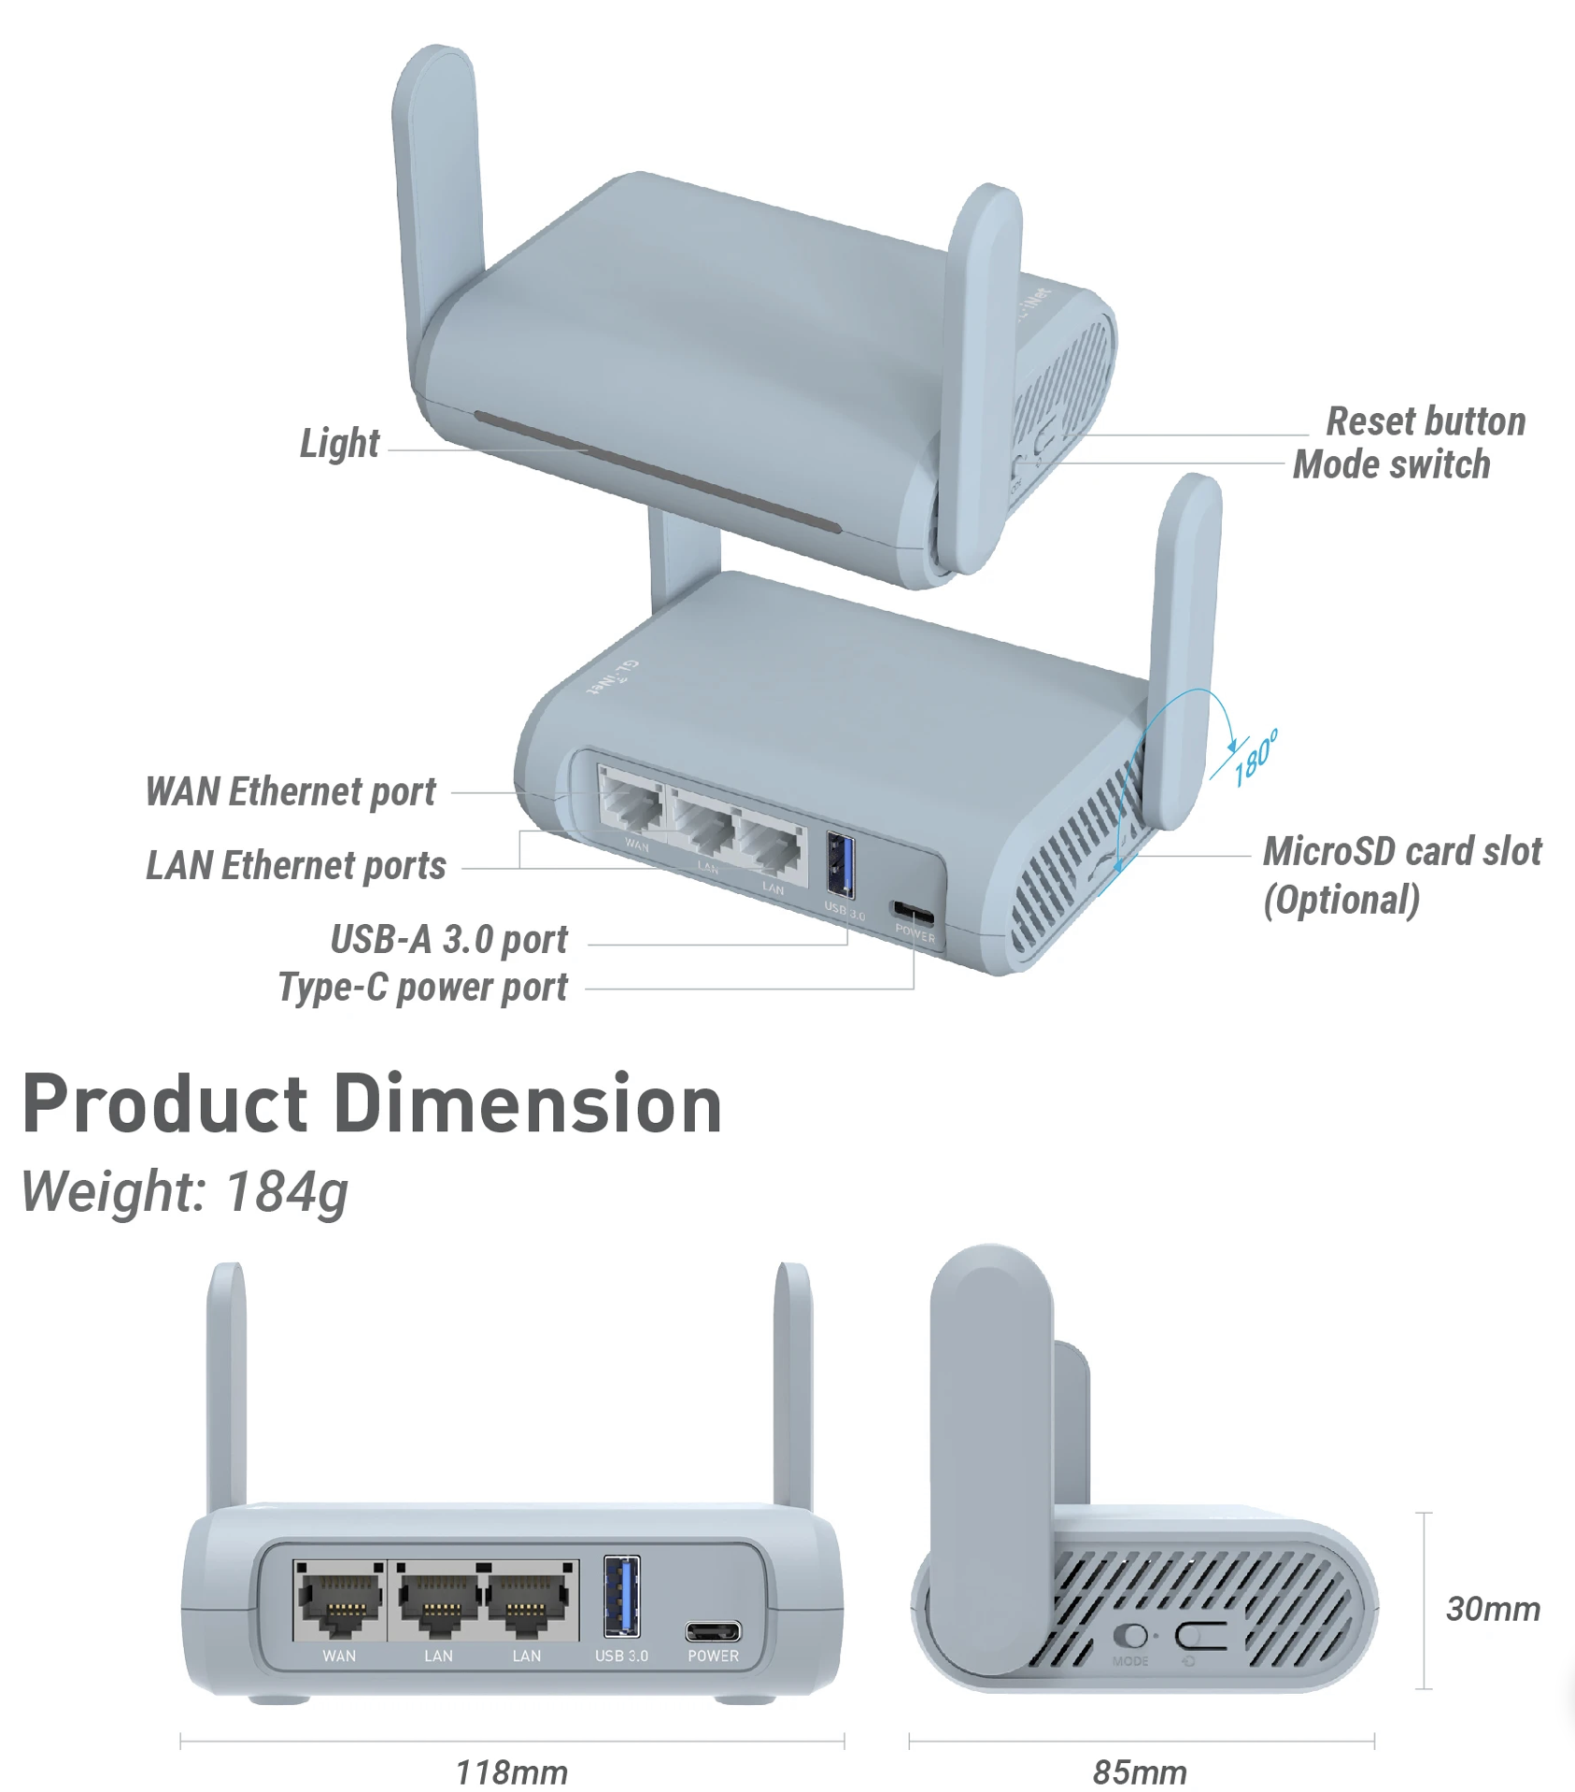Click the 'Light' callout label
pos(339,443)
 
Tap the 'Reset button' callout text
pos(1426,421)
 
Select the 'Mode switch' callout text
pos(1391,464)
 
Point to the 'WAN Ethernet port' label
pos(291,791)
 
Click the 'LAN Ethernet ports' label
pos(296,865)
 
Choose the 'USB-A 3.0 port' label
pos(448,939)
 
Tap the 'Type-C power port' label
pos(422,987)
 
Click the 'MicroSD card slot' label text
pos(1401,851)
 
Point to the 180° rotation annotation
pos(1254,758)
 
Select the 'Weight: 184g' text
pos(185,1191)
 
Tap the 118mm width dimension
pos(511,1771)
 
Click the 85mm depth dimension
pos(1140,1771)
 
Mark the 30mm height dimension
pos(1492,1608)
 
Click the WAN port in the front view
pos(340,1600)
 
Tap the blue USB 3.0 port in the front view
pos(621,1596)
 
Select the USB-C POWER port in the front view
pos(713,1632)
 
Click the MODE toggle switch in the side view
pos(1131,1637)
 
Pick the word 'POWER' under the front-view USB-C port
pos(713,1657)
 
